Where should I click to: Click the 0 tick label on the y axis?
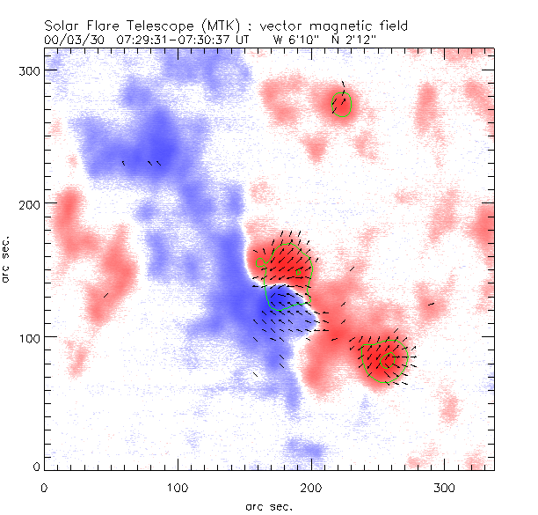click(36, 466)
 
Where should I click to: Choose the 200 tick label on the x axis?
click(311, 486)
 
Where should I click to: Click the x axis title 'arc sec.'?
click(268, 505)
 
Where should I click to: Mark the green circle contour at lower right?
click(387, 362)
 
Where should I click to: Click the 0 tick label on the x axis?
click(44, 486)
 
